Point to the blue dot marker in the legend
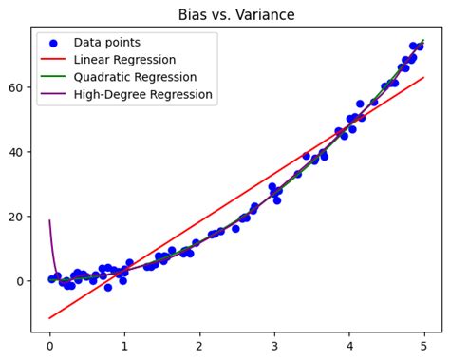pyautogui.click(x=52, y=43)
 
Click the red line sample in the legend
pyautogui.click(x=52, y=60)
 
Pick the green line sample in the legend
pyautogui.click(x=52, y=77)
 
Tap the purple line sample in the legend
pyautogui.click(x=52, y=94)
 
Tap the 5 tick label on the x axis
pyautogui.click(x=423, y=347)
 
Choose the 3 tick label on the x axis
pyautogui.click(x=274, y=347)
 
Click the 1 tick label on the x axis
pyautogui.click(x=124, y=347)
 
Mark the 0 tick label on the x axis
pyautogui.click(x=49, y=347)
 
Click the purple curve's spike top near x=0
pyautogui.click(x=49, y=220)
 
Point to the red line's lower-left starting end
pyautogui.click(x=49, y=318)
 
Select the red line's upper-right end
pyautogui.click(x=423, y=78)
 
